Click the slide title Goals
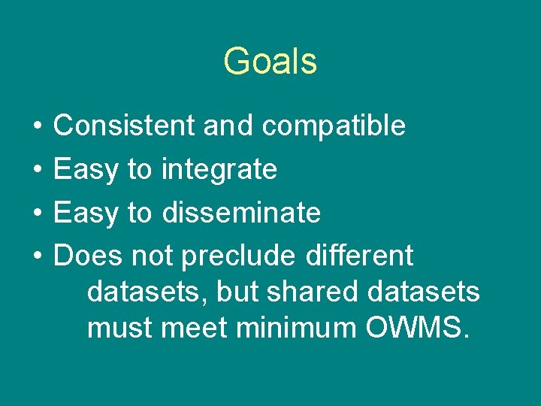coord(270,61)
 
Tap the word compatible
coord(334,126)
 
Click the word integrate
coord(219,169)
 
